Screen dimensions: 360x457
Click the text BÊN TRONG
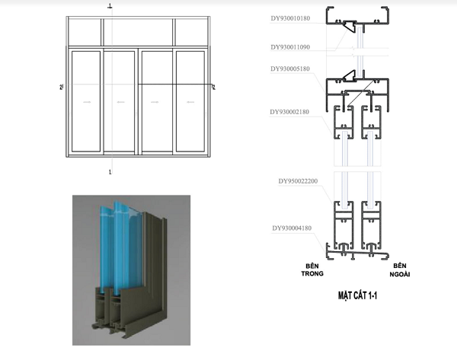pos(308,269)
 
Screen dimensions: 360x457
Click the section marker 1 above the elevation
pos(110,5)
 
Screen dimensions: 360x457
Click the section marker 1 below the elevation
pos(111,173)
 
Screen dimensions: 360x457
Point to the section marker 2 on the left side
pos(61,88)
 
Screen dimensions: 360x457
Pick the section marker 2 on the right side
pos(213,88)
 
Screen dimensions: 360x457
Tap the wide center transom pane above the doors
pos(138,32)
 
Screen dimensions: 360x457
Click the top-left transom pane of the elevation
pos(85,32)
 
